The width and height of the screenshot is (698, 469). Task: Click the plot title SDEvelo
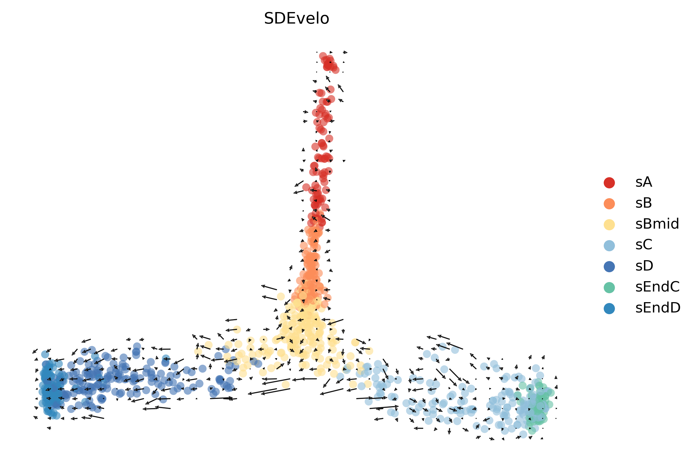296,19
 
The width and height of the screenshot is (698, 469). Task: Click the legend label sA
644,182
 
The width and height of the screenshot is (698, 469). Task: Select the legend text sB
644,203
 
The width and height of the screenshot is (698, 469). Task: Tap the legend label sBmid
657,224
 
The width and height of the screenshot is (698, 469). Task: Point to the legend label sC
644,245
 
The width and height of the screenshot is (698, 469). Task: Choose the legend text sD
644,266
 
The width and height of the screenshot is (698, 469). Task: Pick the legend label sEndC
657,287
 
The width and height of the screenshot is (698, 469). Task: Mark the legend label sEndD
658,308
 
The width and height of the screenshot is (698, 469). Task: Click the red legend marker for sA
609,182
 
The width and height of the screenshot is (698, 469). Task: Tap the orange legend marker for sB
609,203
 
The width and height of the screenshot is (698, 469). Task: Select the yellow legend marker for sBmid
609,224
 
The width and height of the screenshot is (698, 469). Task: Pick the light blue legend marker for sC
609,245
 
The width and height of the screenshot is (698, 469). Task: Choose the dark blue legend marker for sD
609,266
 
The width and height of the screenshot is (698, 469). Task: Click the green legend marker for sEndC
609,287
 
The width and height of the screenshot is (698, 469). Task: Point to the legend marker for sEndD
609,308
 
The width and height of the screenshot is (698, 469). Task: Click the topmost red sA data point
323,56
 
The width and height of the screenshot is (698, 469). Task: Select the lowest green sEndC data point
532,431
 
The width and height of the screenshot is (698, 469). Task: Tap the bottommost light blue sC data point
523,434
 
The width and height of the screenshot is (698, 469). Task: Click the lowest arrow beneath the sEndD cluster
49,428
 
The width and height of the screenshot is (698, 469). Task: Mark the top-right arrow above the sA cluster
345,52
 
